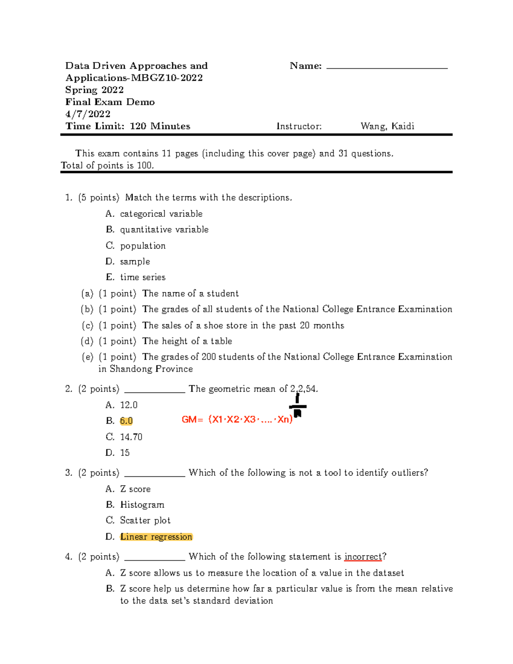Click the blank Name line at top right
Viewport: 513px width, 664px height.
(x=386, y=67)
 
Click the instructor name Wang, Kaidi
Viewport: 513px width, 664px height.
(x=387, y=126)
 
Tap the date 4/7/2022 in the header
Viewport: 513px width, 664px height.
(x=88, y=114)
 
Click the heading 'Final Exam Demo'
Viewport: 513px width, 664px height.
(x=110, y=102)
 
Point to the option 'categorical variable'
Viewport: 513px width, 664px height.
(x=161, y=214)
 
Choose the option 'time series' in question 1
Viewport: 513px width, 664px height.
(x=143, y=277)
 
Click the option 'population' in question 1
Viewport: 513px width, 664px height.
(x=143, y=246)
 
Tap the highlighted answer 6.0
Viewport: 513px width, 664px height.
(x=126, y=421)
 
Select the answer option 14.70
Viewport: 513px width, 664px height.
(x=131, y=437)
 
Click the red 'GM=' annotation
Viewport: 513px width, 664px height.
(x=192, y=419)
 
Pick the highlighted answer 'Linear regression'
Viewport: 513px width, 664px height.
(x=156, y=537)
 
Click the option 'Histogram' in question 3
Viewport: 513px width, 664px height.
(x=142, y=505)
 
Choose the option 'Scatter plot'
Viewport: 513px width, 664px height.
(x=145, y=520)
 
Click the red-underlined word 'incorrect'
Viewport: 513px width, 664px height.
(x=363, y=557)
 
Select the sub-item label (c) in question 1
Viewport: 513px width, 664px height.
(x=87, y=325)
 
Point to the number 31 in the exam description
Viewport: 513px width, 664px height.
(x=343, y=153)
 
